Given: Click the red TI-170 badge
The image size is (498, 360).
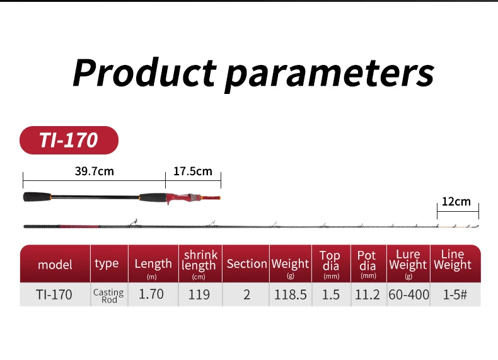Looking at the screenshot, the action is (x=69, y=140).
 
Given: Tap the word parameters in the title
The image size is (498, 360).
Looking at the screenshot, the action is (x=329, y=75).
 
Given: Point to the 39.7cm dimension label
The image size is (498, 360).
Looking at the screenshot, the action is (x=95, y=171).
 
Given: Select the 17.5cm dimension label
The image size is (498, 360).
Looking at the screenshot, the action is (x=193, y=171).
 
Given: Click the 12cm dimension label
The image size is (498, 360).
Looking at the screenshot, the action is (x=456, y=202).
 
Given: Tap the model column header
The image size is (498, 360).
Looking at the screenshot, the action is (x=55, y=265).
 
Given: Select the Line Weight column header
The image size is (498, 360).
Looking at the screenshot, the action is (x=453, y=260).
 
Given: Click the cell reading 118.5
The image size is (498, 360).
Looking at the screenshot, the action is (x=290, y=294).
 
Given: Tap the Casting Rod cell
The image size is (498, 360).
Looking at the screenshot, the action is (x=108, y=296).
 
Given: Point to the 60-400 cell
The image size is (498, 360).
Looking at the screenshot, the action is (x=408, y=294).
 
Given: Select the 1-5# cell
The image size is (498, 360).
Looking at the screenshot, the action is (x=455, y=294).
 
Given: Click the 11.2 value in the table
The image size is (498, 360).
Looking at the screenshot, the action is (x=367, y=294).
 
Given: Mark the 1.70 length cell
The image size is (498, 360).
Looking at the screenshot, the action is (x=151, y=294).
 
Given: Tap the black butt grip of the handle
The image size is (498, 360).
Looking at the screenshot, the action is (x=37, y=197).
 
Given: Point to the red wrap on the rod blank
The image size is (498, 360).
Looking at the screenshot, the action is (x=79, y=226).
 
